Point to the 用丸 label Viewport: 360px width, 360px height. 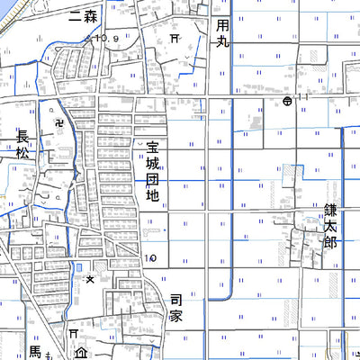[x=223, y=33]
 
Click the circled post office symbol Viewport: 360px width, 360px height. [x=286, y=102]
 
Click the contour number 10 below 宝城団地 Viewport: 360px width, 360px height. [x=150, y=258]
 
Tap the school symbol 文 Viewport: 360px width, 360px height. [x=90, y=281]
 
